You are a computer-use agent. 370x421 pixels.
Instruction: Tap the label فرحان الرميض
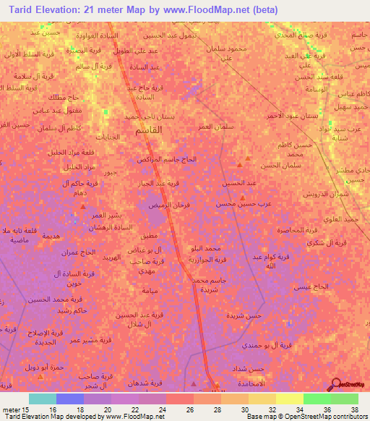[154, 205]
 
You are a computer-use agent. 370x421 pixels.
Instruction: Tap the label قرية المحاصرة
[298, 229]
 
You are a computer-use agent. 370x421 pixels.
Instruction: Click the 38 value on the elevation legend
[354, 409]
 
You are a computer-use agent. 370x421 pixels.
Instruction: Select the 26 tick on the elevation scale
[189, 409]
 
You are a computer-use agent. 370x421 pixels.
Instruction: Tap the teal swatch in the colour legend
[43, 399]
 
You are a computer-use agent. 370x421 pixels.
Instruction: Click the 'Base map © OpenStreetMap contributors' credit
[306, 417]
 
